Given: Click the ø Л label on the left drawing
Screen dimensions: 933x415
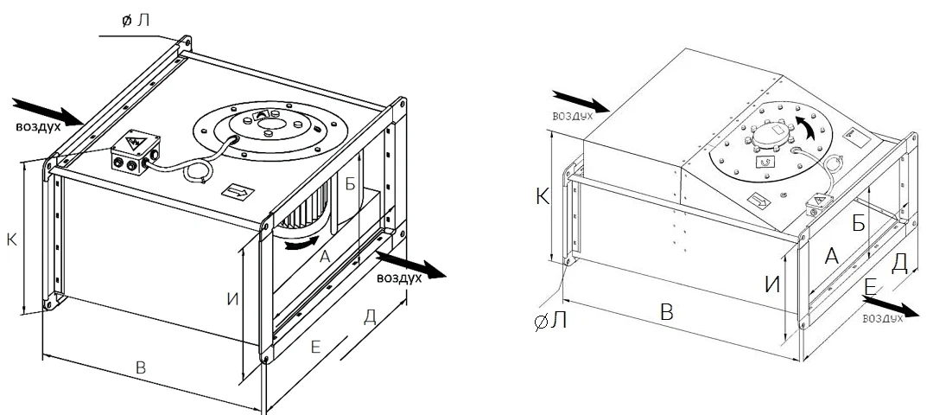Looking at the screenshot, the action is pyautogui.click(x=135, y=21).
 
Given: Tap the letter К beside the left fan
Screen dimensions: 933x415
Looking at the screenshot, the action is pyautogui.click(x=11, y=240).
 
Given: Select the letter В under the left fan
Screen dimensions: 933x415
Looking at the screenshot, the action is pyautogui.click(x=141, y=367).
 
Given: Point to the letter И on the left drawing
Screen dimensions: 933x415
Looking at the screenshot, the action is pyautogui.click(x=232, y=298).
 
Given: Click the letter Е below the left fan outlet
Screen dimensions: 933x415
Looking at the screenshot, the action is pyautogui.click(x=316, y=347).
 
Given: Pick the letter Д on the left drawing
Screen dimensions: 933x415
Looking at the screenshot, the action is pyautogui.click(x=370, y=316).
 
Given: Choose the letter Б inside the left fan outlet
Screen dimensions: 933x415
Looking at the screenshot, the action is pyautogui.click(x=351, y=184).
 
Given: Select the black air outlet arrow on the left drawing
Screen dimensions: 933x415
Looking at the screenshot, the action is pyautogui.click(x=411, y=265).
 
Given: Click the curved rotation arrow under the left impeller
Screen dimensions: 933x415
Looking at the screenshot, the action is pyautogui.click(x=301, y=243).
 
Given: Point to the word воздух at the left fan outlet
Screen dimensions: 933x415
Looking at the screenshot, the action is pyautogui.click(x=399, y=278).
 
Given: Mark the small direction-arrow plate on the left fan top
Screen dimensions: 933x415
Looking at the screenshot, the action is pyautogui.click(x=238, y=192).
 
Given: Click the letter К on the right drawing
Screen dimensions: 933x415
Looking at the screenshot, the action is pyautogui.click(x=543, y=196).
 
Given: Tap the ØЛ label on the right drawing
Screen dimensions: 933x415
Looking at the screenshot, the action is pyautogui.click(x=550, y=322).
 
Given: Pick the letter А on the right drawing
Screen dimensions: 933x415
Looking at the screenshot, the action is pyautogui.click(x=831, y=256).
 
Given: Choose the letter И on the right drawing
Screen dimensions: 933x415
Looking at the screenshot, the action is pyautogui.click(x=772, y=284).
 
